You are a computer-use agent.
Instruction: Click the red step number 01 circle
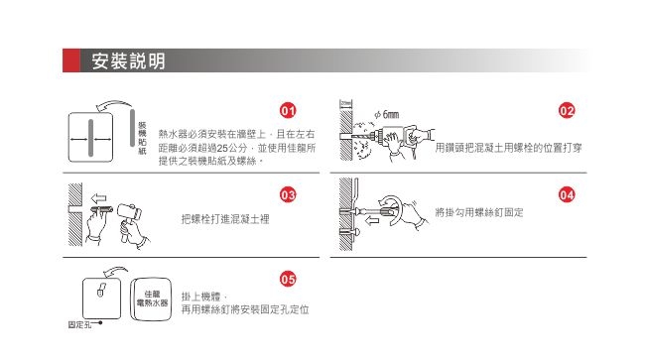tap(287, 109)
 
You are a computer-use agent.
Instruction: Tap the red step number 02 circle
tap(567, 109)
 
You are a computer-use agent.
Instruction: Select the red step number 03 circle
tap(287, 194)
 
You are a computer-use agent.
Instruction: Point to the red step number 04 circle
tap(567, 194)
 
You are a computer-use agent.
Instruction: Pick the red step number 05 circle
tap(287, 279)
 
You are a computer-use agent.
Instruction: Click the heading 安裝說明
tap(128, 62)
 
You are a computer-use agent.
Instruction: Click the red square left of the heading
tap(70, 61)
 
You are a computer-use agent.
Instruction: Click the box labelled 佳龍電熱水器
tap(155, 296)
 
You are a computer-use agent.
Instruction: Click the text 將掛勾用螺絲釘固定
tap(478, 213)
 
